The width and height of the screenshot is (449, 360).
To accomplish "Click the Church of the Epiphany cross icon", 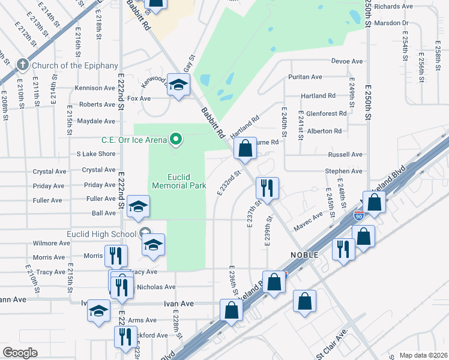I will coord(23,64).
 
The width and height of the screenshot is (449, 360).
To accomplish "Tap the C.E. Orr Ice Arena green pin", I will coord(176,140).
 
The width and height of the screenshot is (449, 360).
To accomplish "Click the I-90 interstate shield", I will coord(359,215).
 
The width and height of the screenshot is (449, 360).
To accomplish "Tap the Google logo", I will coord(20,353).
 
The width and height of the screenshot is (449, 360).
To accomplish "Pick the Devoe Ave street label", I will coord(348,61).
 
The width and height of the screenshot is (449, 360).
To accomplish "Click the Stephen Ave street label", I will coord(343,171).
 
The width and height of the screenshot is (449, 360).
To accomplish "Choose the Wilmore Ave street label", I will coord(52,243).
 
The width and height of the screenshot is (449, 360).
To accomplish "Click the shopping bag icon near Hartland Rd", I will coord(244,149).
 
